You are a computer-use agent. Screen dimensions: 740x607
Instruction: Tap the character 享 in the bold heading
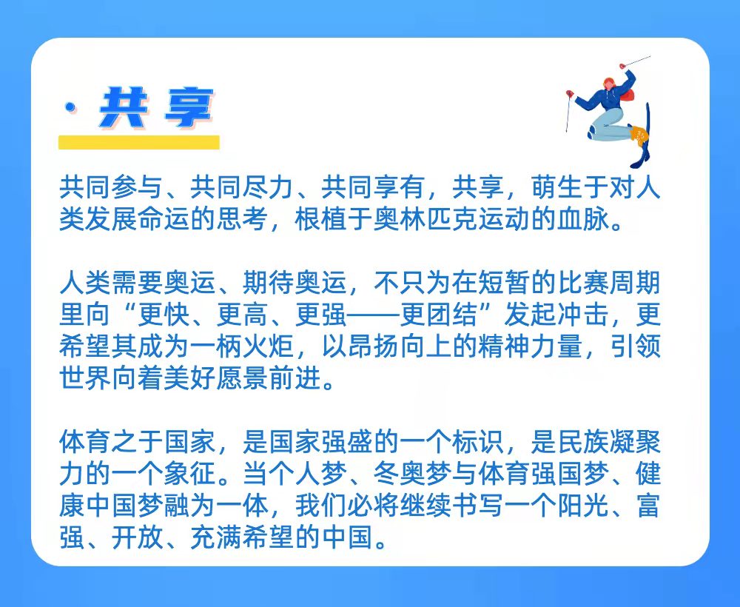[189, 107]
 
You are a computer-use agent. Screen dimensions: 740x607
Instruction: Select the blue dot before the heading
[71, 108]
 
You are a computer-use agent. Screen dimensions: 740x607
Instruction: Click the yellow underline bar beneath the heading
[139, 142]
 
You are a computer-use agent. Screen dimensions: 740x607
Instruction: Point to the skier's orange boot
[638, 133]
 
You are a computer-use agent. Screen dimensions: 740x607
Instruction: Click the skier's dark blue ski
[643, 137]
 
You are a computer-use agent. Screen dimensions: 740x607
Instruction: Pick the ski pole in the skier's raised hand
[636, 61]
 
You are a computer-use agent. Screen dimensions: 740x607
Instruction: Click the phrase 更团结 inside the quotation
[438, 315]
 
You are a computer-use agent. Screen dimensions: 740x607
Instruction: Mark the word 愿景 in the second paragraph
[242, 378]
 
